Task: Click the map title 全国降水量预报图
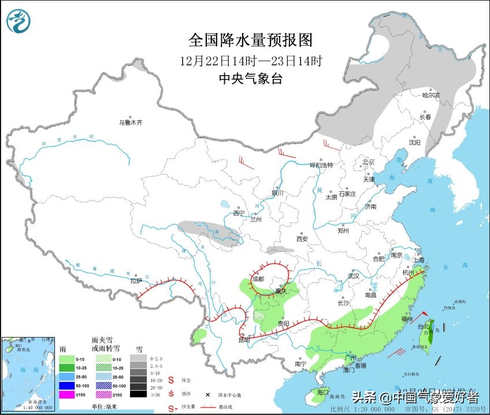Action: [250, 40]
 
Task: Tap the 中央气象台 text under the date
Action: [251, 79]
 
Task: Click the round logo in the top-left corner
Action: [20, 23]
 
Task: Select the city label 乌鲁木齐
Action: [130, 122]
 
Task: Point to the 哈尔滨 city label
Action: [430, 94]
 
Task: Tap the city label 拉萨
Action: [135, 281]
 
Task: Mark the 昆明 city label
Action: [244, 340]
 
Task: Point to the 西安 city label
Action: [302, 239]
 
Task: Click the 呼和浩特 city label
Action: [322, 165]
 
